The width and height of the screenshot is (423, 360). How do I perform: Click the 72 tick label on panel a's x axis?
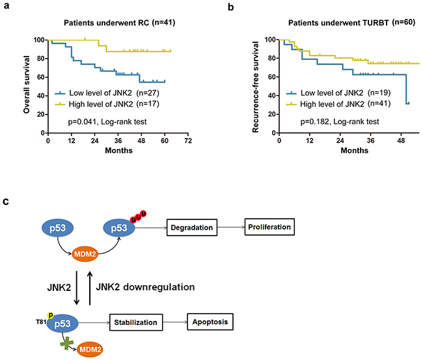(187, 141)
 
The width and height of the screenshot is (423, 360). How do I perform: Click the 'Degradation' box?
(191, 228)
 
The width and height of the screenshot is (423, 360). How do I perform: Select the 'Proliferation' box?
(268, 227)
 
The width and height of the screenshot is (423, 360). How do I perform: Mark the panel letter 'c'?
(7, 202)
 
